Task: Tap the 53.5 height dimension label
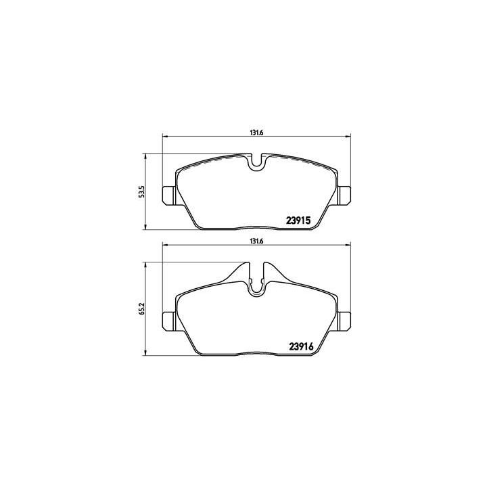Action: pyautogui.click(x=141, y=191)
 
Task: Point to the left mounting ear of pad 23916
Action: pyautogui.click(x=169, y=321)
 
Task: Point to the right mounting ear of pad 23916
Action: pyautogui.click(x=343, y=321)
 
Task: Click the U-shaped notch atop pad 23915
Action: pyautogui.click(x=256, y=162)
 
